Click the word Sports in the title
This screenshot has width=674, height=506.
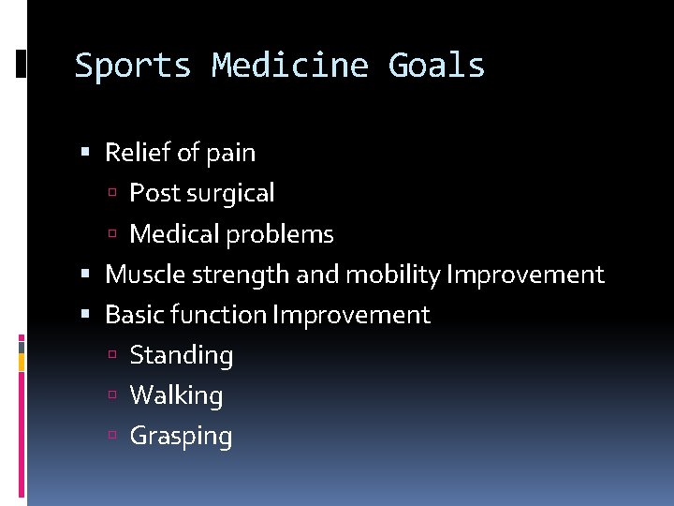133,67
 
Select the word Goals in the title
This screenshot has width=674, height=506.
437,67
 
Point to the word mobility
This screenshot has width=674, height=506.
393,275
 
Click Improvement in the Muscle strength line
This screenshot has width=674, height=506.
525,275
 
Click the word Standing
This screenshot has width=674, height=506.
182,356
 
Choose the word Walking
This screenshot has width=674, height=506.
176,395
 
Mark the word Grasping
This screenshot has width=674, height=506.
181,437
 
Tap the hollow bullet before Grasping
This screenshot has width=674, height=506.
112,437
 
